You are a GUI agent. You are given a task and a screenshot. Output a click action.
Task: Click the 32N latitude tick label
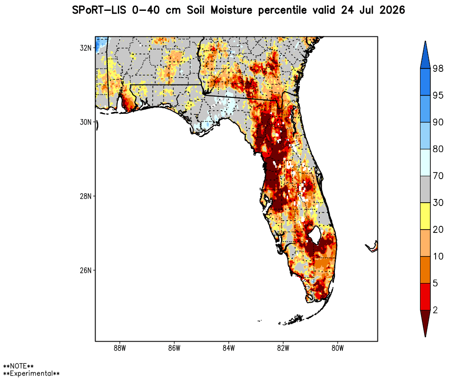[85, 48]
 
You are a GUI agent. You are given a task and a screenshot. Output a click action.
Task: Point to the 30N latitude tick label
[85, 122]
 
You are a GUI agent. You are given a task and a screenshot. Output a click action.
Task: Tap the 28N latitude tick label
[85, 196]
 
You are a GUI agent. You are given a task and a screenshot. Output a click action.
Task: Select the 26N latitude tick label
[85, 270]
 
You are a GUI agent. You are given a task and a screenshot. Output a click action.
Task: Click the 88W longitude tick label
[120, 348]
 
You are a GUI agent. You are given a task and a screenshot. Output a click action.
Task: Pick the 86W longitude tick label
[174, 348]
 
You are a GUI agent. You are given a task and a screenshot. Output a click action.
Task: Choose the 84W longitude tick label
[228, 348]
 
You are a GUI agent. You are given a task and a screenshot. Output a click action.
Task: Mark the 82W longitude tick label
[283, 348]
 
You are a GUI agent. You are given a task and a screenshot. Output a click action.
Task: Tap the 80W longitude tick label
[338, 348]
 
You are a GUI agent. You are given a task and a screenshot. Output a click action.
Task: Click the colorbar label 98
[438, 69]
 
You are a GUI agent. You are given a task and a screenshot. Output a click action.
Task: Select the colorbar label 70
[438, 176]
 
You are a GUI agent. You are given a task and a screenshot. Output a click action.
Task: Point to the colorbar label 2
[435, 310]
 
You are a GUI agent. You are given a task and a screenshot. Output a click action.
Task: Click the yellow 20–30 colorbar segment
[425, 216]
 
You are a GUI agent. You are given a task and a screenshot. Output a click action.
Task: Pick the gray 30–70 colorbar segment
[425, 189]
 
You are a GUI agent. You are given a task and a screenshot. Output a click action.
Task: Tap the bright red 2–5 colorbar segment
[425, 297]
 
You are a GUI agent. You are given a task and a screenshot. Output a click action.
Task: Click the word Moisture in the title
[231, 10]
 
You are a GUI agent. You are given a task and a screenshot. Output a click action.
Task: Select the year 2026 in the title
[392, 10]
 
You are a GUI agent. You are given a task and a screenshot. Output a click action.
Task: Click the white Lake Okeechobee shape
[315, 235]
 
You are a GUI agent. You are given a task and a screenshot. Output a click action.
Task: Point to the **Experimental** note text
[31, 373]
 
